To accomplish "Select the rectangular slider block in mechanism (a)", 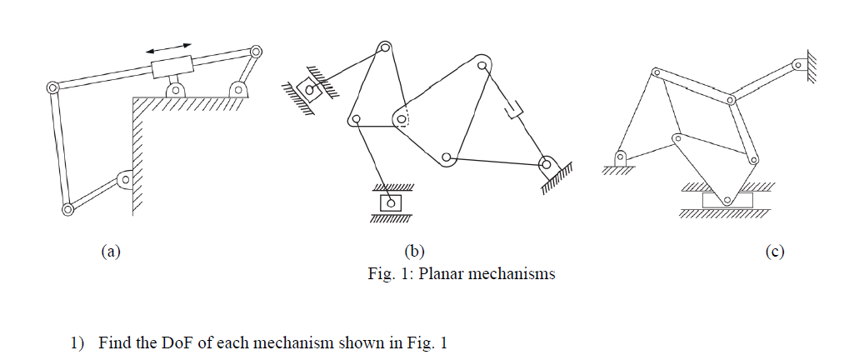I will [172, 66].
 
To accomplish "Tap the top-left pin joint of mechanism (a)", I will [52, 87].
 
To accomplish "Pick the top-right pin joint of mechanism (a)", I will [255, 52].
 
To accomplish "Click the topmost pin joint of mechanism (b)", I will [384, 47].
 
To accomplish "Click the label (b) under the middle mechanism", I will [414, 250].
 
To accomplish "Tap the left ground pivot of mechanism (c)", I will [621, 157].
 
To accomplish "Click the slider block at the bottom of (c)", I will [727, 200].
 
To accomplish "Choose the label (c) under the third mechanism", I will [774, 250].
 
